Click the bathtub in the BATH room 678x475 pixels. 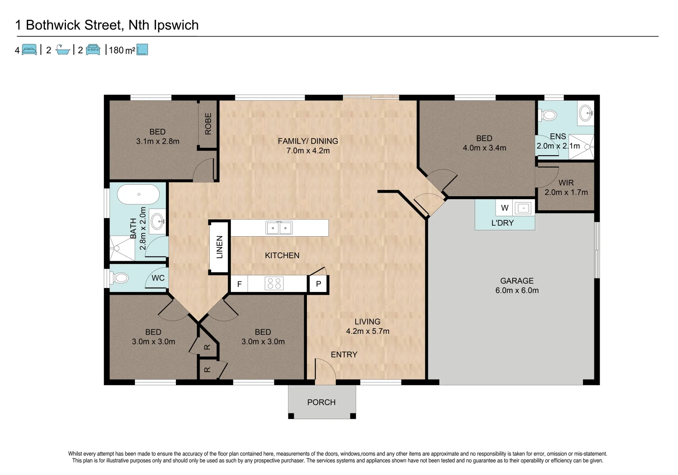139,194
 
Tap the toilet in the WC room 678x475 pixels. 120,278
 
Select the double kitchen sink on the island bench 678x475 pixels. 279,228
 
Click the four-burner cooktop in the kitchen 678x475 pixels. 274,284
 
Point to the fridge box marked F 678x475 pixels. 239,284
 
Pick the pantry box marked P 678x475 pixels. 318,284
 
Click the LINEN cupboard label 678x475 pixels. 219,247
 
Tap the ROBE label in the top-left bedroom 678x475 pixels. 208,124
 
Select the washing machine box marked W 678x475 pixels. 505,208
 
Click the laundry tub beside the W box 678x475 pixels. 523,208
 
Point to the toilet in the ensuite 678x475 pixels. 548,115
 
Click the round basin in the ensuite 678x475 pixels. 586,113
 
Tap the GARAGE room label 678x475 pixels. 517,281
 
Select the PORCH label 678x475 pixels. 321,402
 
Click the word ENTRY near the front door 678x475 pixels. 344,354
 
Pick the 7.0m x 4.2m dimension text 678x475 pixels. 308,150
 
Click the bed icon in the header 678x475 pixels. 29,50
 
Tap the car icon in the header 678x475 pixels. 93,50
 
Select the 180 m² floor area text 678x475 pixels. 122,50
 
